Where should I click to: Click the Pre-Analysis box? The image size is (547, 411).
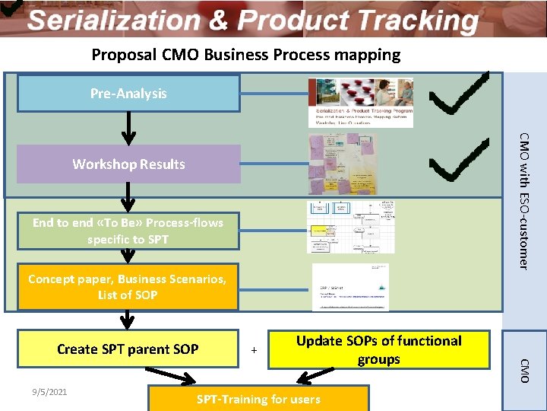coord(128,93)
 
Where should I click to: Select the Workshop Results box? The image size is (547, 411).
coord(128,164)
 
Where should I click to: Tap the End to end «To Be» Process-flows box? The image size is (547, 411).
coord(128,231)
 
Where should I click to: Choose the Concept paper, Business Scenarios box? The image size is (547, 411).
coord(128,286)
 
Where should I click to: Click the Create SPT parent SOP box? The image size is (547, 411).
coord(128,349)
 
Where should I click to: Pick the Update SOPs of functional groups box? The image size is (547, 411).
coord(378,350)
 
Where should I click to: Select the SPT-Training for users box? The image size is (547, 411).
coord(258,399)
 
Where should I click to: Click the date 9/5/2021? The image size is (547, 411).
coord(49,392)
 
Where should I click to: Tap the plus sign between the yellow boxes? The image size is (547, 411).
coord(254,351)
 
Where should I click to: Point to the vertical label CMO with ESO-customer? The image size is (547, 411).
coord(523,199)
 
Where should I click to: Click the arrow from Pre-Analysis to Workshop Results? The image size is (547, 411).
coord(129,128)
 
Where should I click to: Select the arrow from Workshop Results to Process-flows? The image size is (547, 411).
coord(129,196)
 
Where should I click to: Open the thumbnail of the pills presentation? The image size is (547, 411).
coord(360,102)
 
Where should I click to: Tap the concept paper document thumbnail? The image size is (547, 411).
coord(350,287)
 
